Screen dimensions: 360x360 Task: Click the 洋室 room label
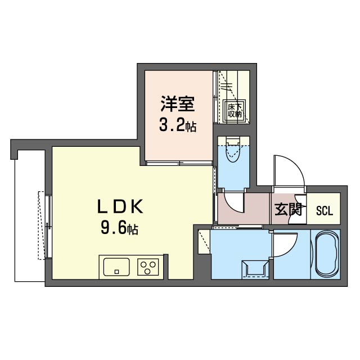click(x=178, y=105)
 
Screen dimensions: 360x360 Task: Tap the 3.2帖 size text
click(x=178, y=125)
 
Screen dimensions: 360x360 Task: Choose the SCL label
click(x=325, y=211)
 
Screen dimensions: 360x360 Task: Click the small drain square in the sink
click(x=116, y=272)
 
